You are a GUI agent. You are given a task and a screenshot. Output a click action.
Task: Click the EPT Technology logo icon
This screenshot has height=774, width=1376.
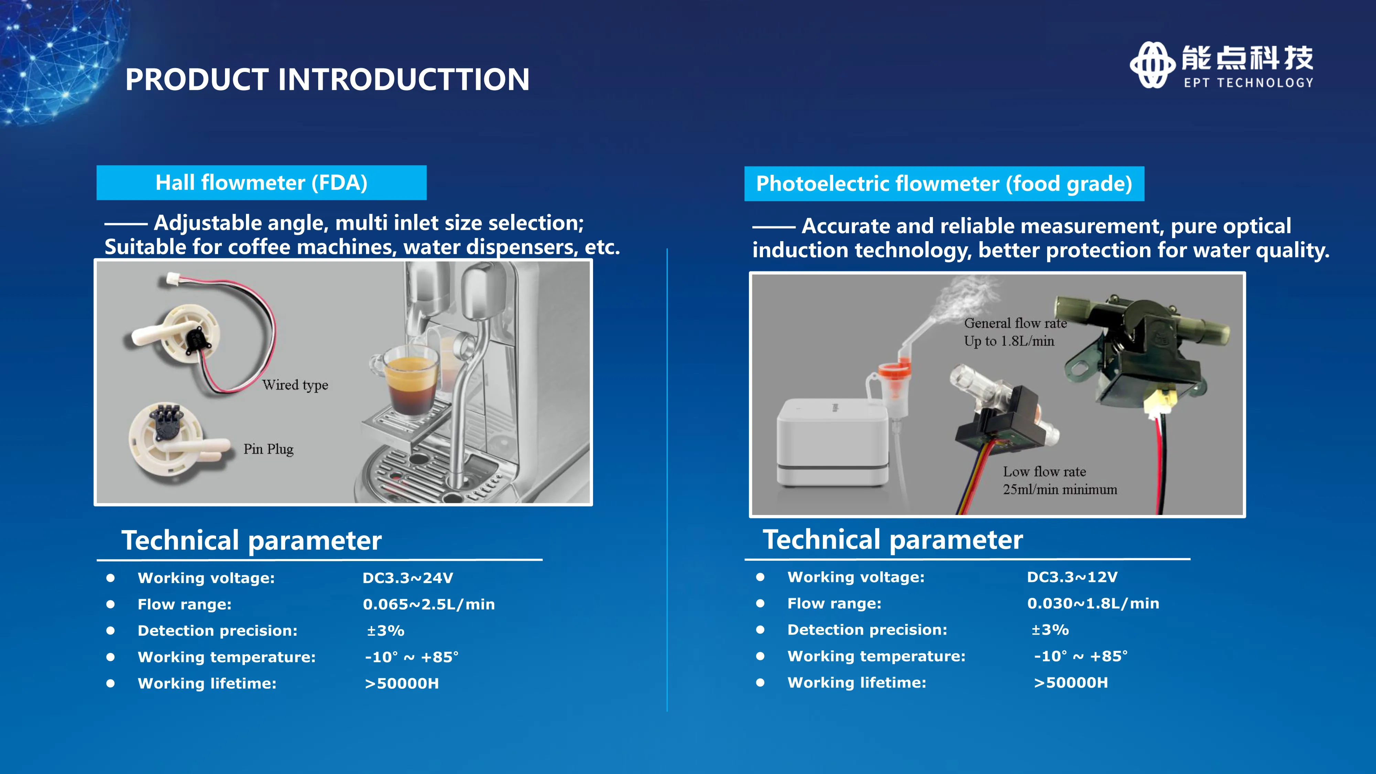(x=1152, y=65)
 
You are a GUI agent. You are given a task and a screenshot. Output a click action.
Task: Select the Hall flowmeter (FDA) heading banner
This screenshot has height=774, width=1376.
(x=261, y=183)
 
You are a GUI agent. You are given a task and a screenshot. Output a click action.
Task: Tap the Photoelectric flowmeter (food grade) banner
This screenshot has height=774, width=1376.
(x=944, y=184)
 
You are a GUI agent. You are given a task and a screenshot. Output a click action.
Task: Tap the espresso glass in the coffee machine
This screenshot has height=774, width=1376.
(x=409, y=379)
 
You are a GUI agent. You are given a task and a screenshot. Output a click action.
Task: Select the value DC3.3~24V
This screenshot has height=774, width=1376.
(x=408, y=578)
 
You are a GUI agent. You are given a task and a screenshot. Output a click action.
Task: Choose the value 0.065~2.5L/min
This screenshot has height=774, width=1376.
(x=428, y=604)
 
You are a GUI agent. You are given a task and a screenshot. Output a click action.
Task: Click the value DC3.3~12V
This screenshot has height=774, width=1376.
(x=1072, y=577)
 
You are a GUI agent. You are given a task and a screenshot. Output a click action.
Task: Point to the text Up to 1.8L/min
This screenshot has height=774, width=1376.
(x=1009, y=341)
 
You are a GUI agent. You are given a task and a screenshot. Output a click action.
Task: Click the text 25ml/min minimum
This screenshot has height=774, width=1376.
(x=1060, y=489)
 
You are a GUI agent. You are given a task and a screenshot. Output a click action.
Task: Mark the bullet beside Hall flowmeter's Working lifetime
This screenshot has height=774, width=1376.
(x=110, y=683)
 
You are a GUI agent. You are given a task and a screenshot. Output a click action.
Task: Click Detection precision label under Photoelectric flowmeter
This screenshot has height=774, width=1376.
(x=867, y=630)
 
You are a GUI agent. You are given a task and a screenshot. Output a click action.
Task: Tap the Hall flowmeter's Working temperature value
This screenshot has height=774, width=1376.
(x=411, y=657)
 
